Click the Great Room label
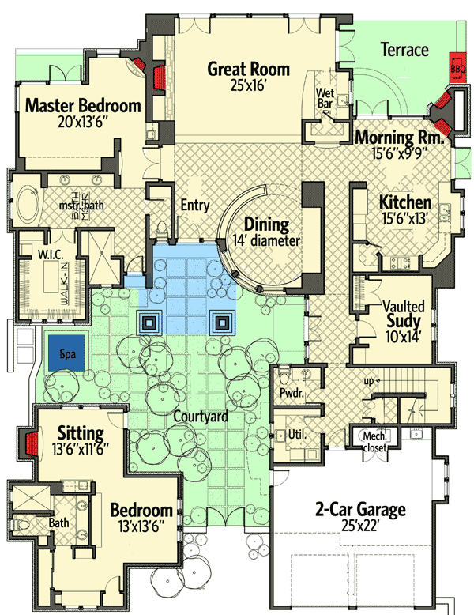click(248, 69)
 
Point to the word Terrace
click(404, 50)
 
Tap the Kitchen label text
click(404, 202)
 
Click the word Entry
click(194, 206)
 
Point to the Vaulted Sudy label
click(404, 314)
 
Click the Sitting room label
click(81, 433)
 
